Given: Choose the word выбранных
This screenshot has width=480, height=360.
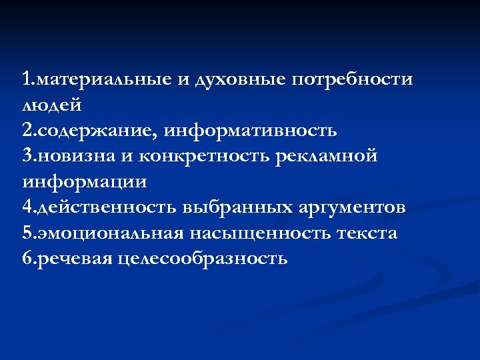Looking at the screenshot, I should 237,207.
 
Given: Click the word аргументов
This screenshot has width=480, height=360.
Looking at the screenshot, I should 353,207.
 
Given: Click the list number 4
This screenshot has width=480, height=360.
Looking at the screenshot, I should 26,207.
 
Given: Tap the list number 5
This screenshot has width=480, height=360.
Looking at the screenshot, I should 26,233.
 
